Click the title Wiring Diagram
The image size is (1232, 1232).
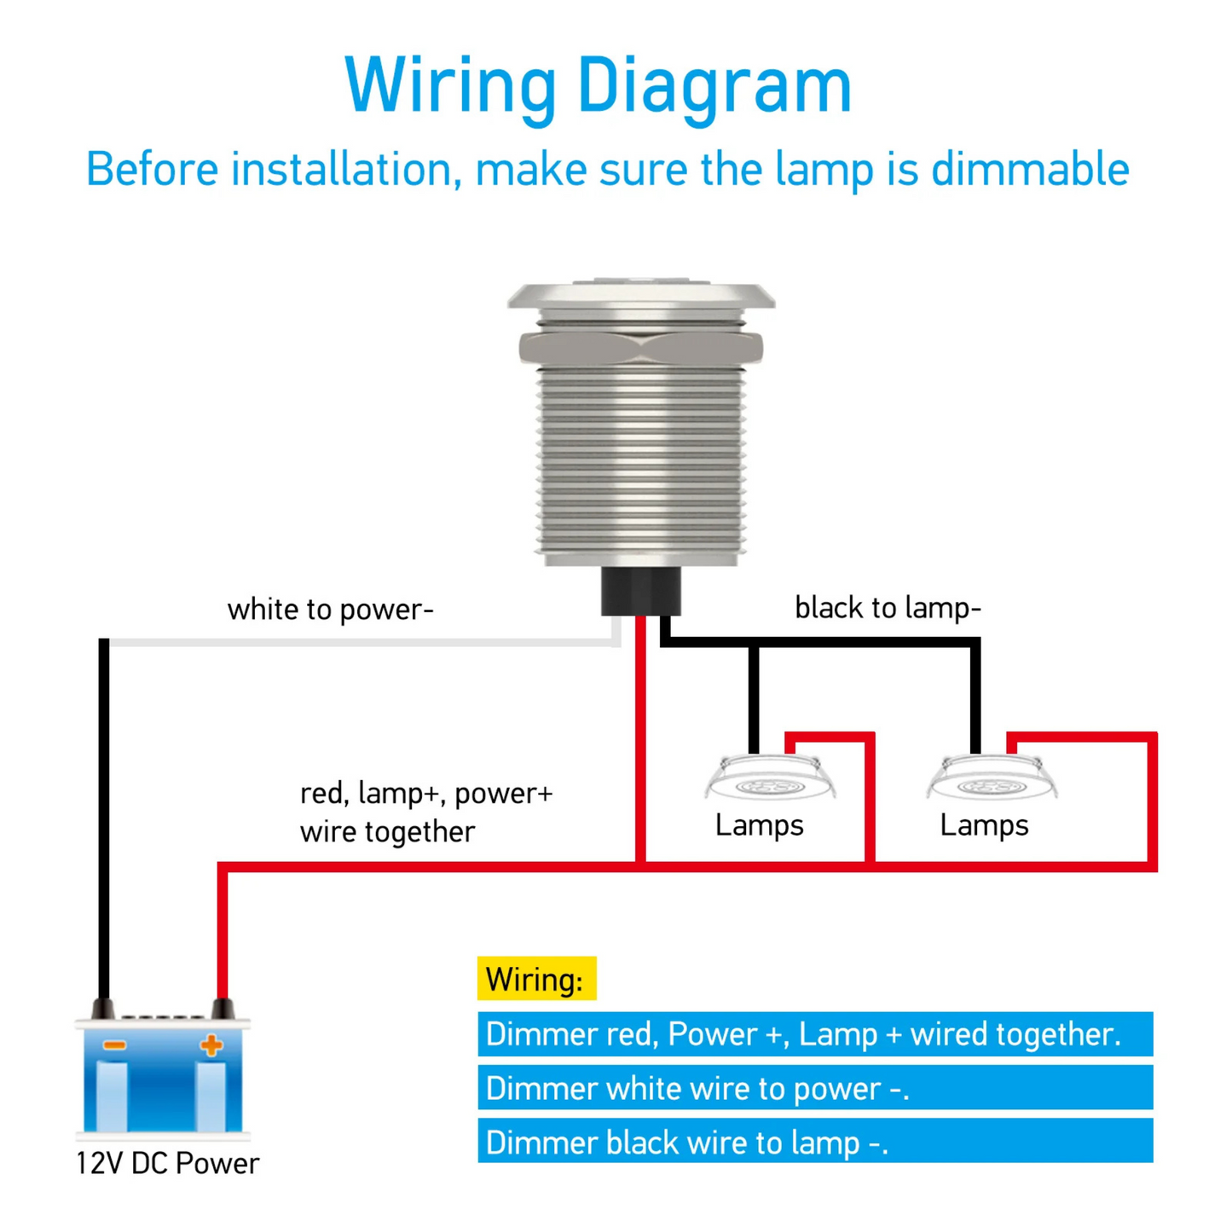click(598, 85)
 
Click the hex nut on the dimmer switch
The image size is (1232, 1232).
click(640, 348)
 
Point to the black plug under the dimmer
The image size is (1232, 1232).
click(640, 591)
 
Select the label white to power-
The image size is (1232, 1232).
click(330, 610)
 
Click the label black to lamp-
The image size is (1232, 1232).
click(888, 608)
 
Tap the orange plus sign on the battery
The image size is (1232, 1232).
click(211, 1045)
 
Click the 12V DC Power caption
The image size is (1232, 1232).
click(167, 1164)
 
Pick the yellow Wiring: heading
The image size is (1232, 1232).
click(535, 979)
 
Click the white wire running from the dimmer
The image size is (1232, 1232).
click(358, 642)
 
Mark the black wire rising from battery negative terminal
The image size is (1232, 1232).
click(104, 810)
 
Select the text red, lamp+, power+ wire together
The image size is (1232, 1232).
click(425, 812)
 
